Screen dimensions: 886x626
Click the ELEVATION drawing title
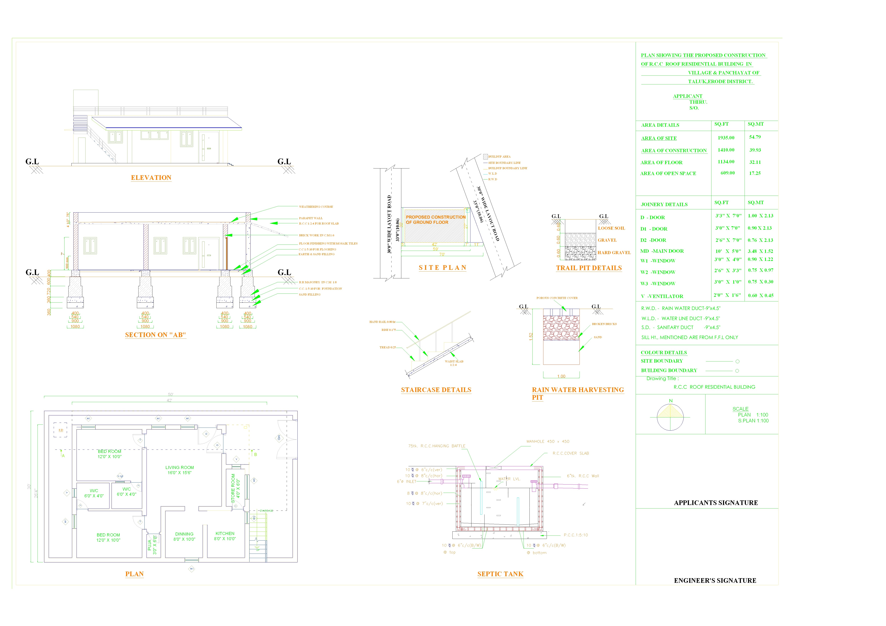[x=151, y=178]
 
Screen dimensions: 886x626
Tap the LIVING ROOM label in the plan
[x=179, y=468]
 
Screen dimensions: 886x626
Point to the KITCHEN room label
[x=225, y=533]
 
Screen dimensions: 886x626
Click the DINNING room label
[x=184, y=534]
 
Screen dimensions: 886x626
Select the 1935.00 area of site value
[x=726, y=138]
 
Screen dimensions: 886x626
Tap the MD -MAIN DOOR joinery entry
[x=662, y=251]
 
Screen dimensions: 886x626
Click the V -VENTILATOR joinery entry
[x=662, y=296]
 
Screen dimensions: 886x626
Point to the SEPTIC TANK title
[x=500, y=574]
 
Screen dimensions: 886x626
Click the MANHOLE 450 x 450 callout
[x=548, y=441]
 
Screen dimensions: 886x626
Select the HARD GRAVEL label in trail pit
[x=614, y=253]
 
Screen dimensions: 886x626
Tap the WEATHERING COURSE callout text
[x=316, y=207]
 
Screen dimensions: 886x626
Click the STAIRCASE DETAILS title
[x=436, y=390]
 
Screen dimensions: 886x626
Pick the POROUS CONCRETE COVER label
[x=557, y=298]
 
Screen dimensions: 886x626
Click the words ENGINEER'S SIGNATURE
[x=715, y=580]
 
